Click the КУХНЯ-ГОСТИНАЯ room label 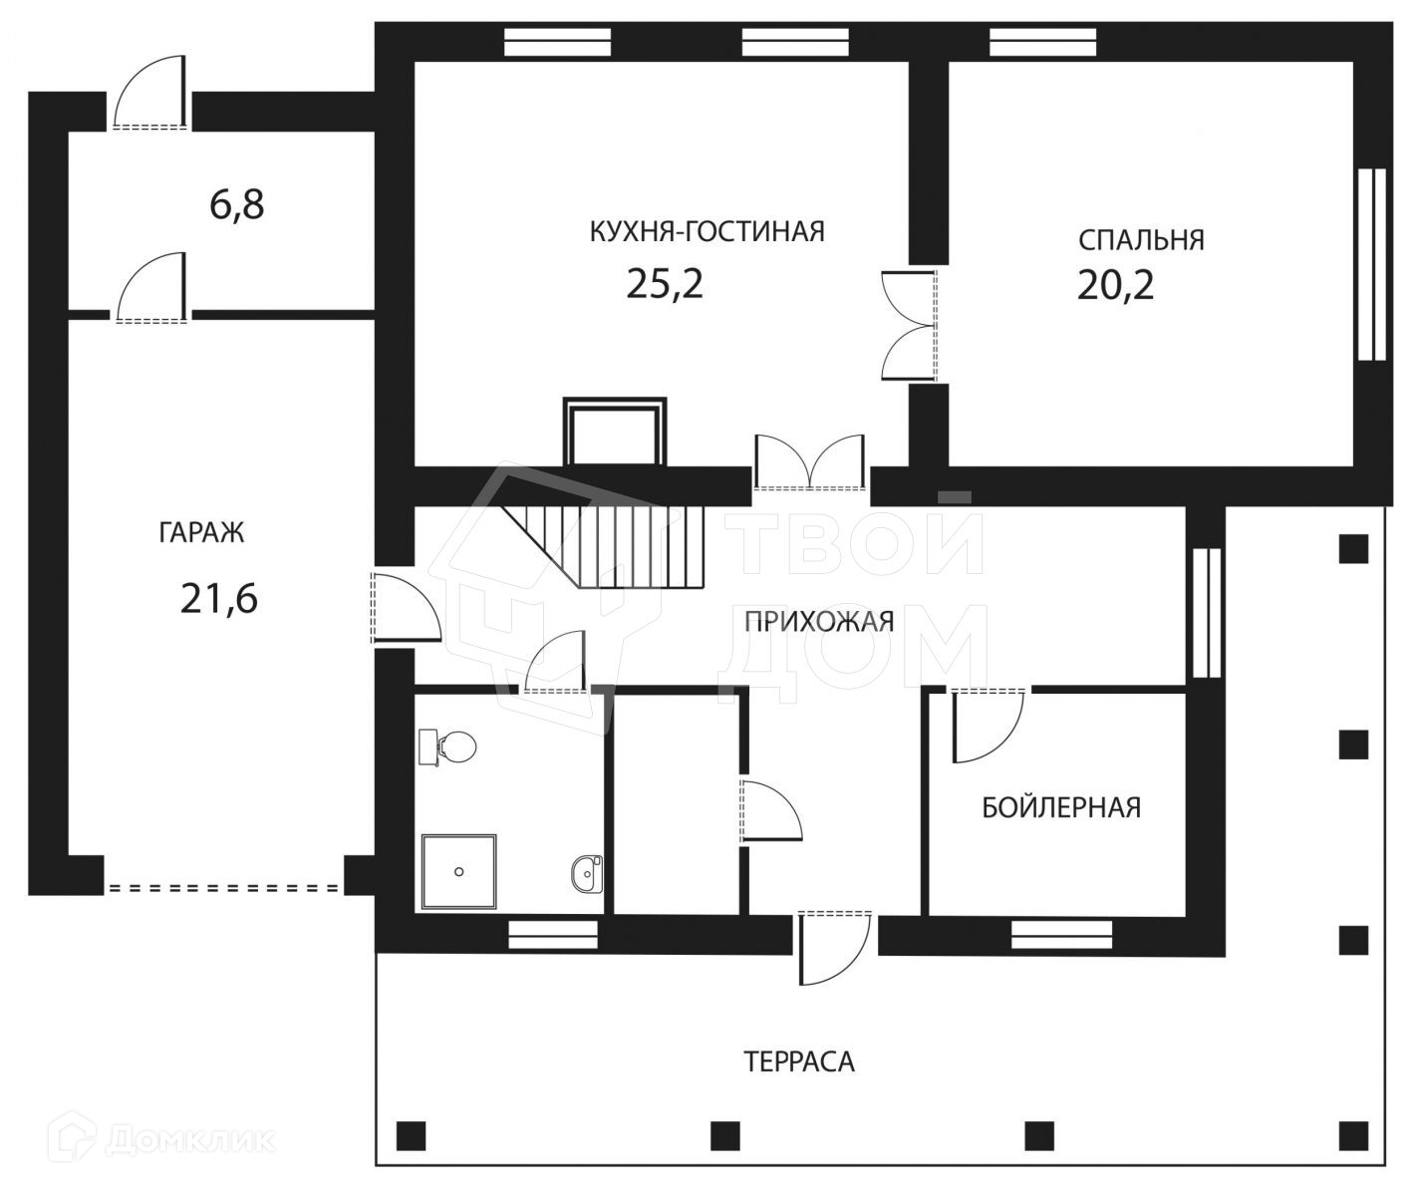707,231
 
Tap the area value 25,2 665,284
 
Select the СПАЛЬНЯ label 1141,240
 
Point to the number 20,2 1115,285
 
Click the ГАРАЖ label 201,532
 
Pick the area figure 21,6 219,599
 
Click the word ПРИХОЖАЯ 819,622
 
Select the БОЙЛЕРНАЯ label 1061,807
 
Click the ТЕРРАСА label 799,1061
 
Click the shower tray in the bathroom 458,872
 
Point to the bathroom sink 587,873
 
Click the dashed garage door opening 224,886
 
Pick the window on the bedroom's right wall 1372,263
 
